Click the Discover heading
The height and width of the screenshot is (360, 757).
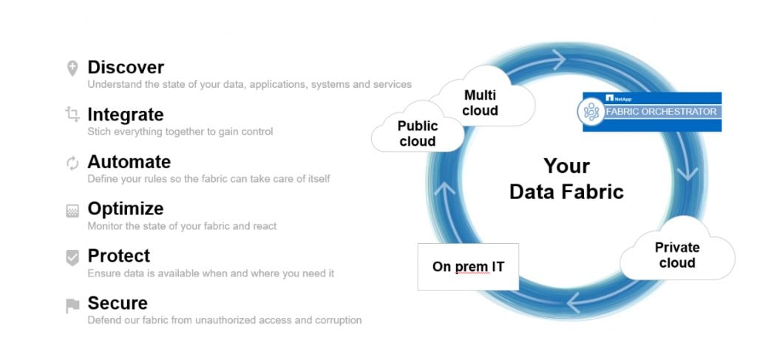tap(126, 67)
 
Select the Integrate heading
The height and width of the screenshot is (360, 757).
tap(125, 115)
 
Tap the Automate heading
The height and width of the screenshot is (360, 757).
tap(129, 162)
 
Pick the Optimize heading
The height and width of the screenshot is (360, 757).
tap(125, 208)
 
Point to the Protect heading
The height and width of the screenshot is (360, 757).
tap(118, 256)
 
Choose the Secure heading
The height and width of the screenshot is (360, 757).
tap(117, 303)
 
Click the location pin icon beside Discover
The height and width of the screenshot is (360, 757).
tap(72, 69)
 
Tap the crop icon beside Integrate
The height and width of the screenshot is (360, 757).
tap(72, 115)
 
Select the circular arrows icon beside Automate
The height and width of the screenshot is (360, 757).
tap(72, 163)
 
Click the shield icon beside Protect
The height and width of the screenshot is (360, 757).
tap(72, 257)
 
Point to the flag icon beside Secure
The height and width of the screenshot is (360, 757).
tap(72, 305)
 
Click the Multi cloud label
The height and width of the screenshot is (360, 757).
tap(481, 103)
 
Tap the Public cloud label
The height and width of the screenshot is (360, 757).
tap(418, 133)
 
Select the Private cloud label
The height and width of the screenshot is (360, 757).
tap(676, 255)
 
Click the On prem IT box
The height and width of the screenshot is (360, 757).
tap(468, 266)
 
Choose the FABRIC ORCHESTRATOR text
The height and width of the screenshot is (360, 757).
tap(661, 112)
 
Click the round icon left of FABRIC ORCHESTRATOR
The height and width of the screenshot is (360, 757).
tap(591, 112)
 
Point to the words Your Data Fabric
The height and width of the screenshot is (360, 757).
tap(566, 178)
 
